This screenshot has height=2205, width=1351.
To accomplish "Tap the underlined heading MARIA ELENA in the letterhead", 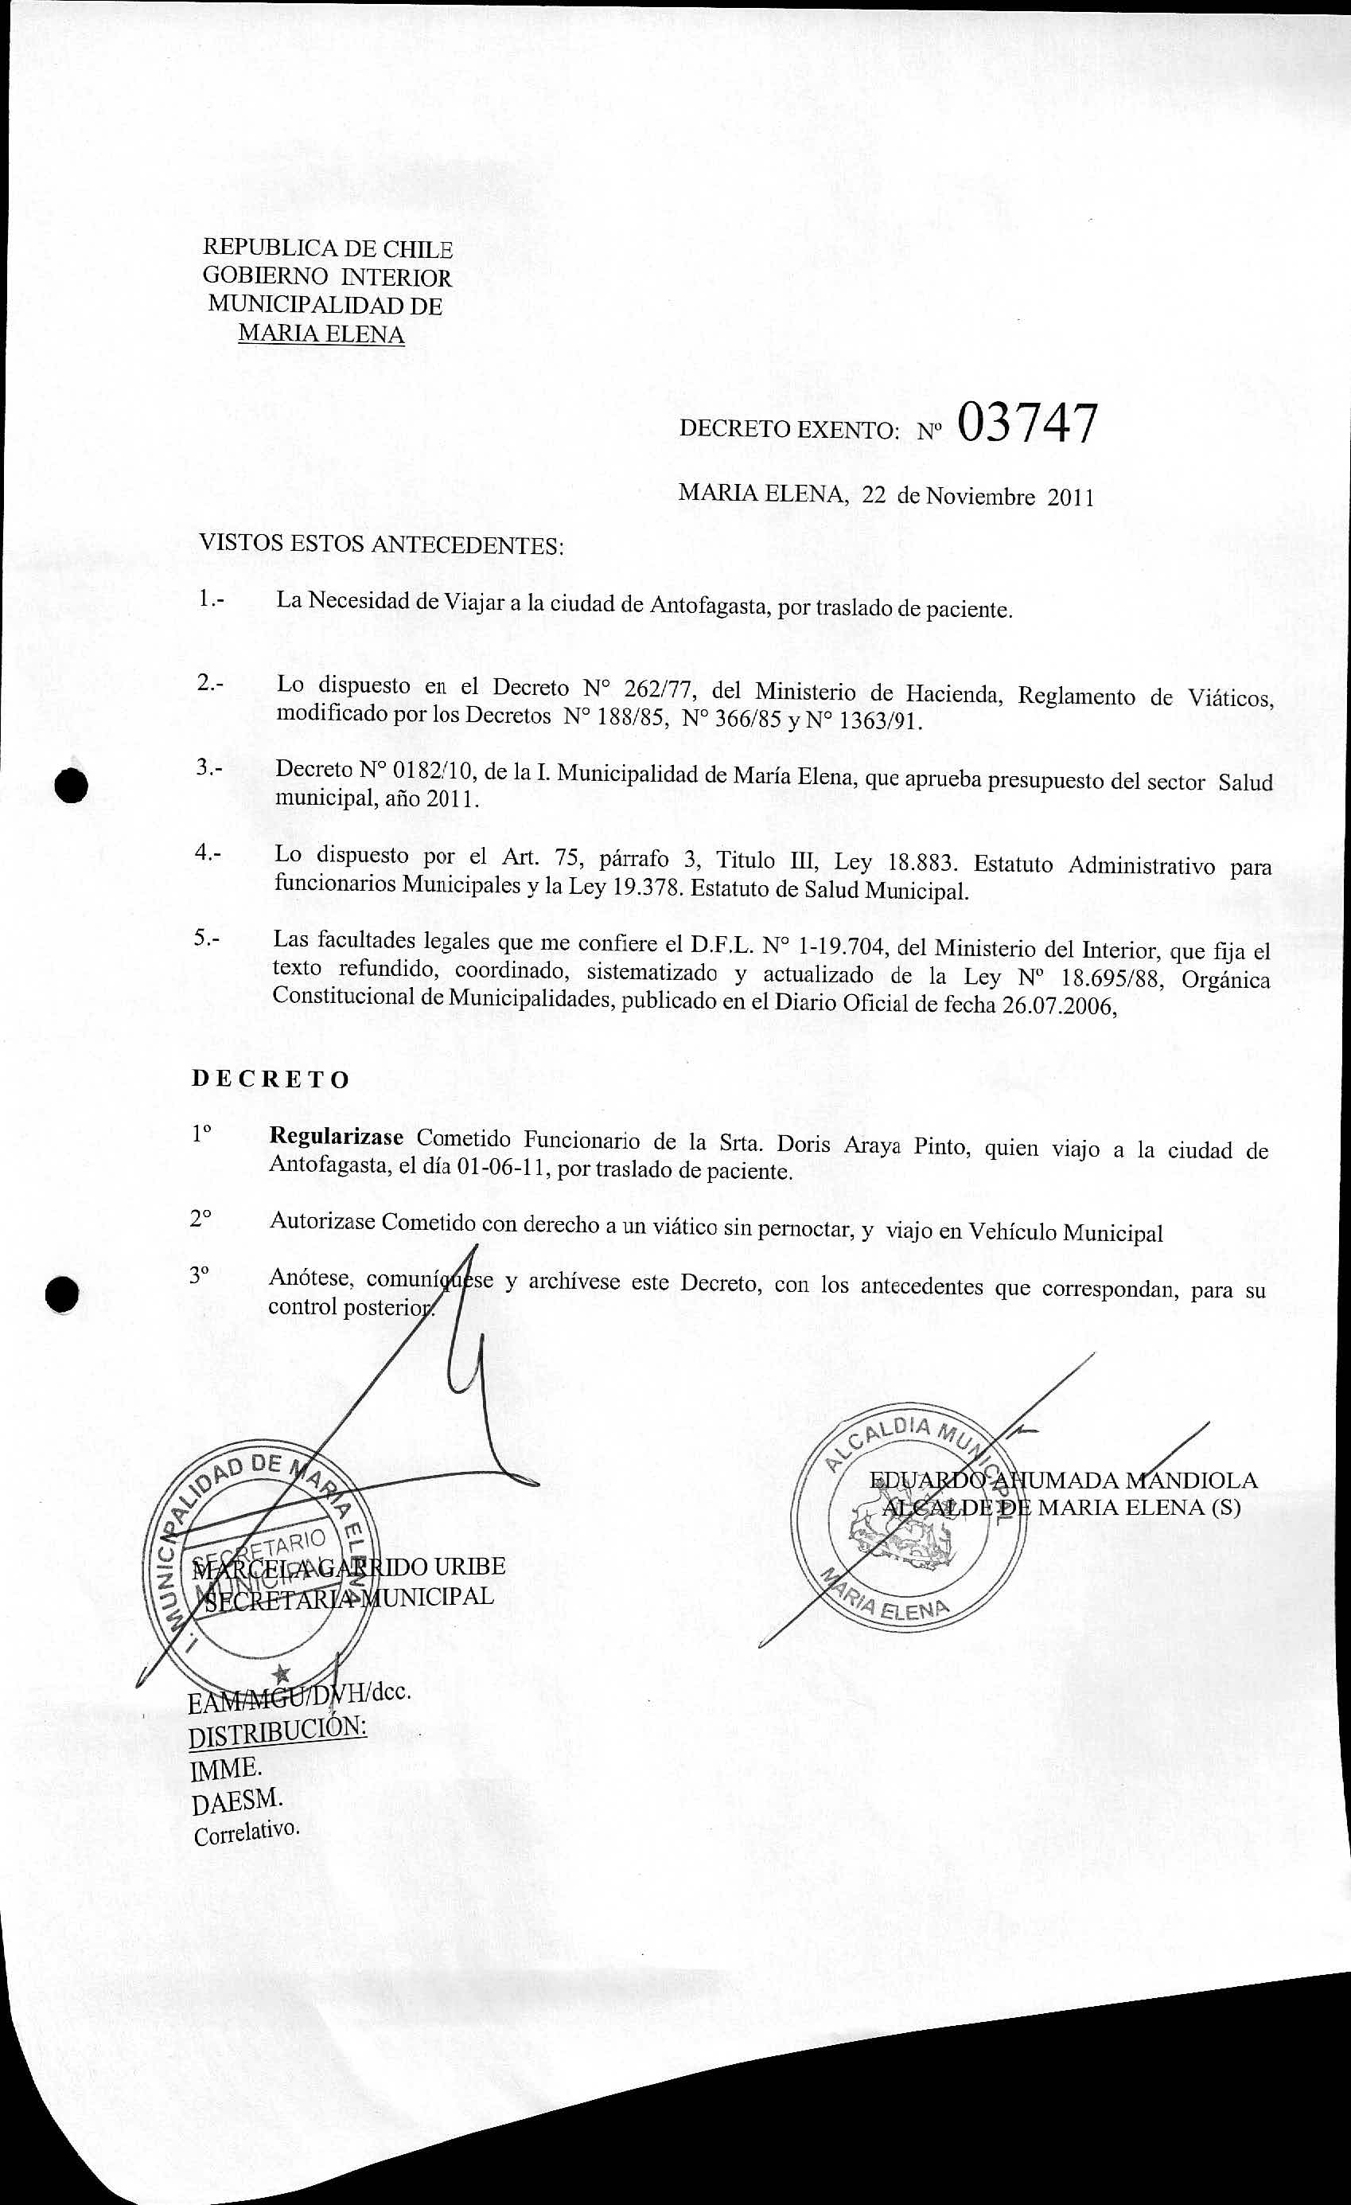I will [321, 334].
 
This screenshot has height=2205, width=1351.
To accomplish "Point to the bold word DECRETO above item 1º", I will [271, 1079].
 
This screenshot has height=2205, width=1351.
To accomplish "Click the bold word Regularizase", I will [337, 1138].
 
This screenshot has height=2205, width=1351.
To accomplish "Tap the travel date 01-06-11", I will [501, 1169].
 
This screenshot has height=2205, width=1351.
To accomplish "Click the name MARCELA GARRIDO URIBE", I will [350, 1566].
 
